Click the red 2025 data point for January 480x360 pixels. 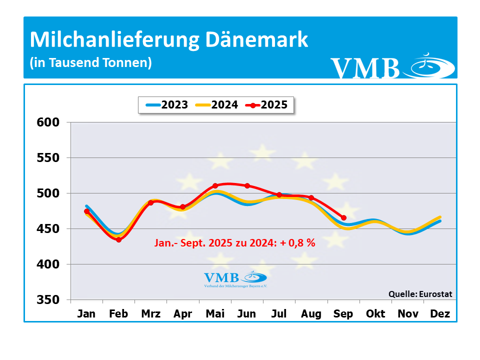[x=87, y=211]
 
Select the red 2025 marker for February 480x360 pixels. [x=119, y=240]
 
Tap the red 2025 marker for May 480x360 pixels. [x=215, y=186]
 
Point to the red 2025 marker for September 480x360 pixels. [x=343, y=217]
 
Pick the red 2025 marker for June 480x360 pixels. [x=247, y=185]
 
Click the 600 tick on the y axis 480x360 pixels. [x=49, y=122]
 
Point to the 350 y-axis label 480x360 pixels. [x=49, y=300]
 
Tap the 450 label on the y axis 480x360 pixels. [x=49, y=229]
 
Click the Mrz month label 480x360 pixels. [x=151, y=314]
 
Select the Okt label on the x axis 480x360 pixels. [x=375, y=314]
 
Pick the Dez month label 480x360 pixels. [x=440, y=314]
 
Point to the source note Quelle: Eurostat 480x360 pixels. [x=420, y=294]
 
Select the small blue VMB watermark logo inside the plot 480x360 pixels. [x=235, y=279]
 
